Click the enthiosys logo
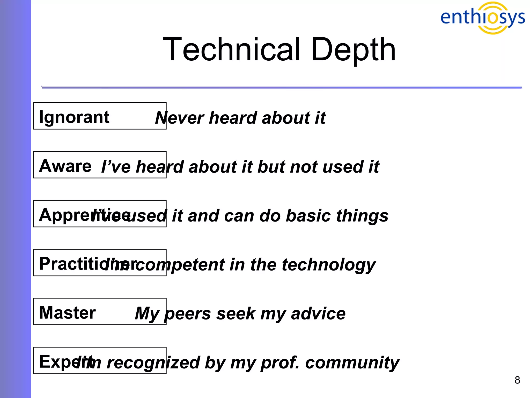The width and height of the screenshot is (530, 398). click(482, 18)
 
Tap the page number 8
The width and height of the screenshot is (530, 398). click(517, 380)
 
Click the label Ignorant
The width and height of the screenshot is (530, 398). click(74, 117)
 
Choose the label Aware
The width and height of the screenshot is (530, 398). click(65, 166)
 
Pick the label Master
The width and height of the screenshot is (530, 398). click(67, 312)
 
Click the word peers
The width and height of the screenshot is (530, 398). click(188, 314)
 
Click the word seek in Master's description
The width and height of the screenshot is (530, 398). click(236, 314)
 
